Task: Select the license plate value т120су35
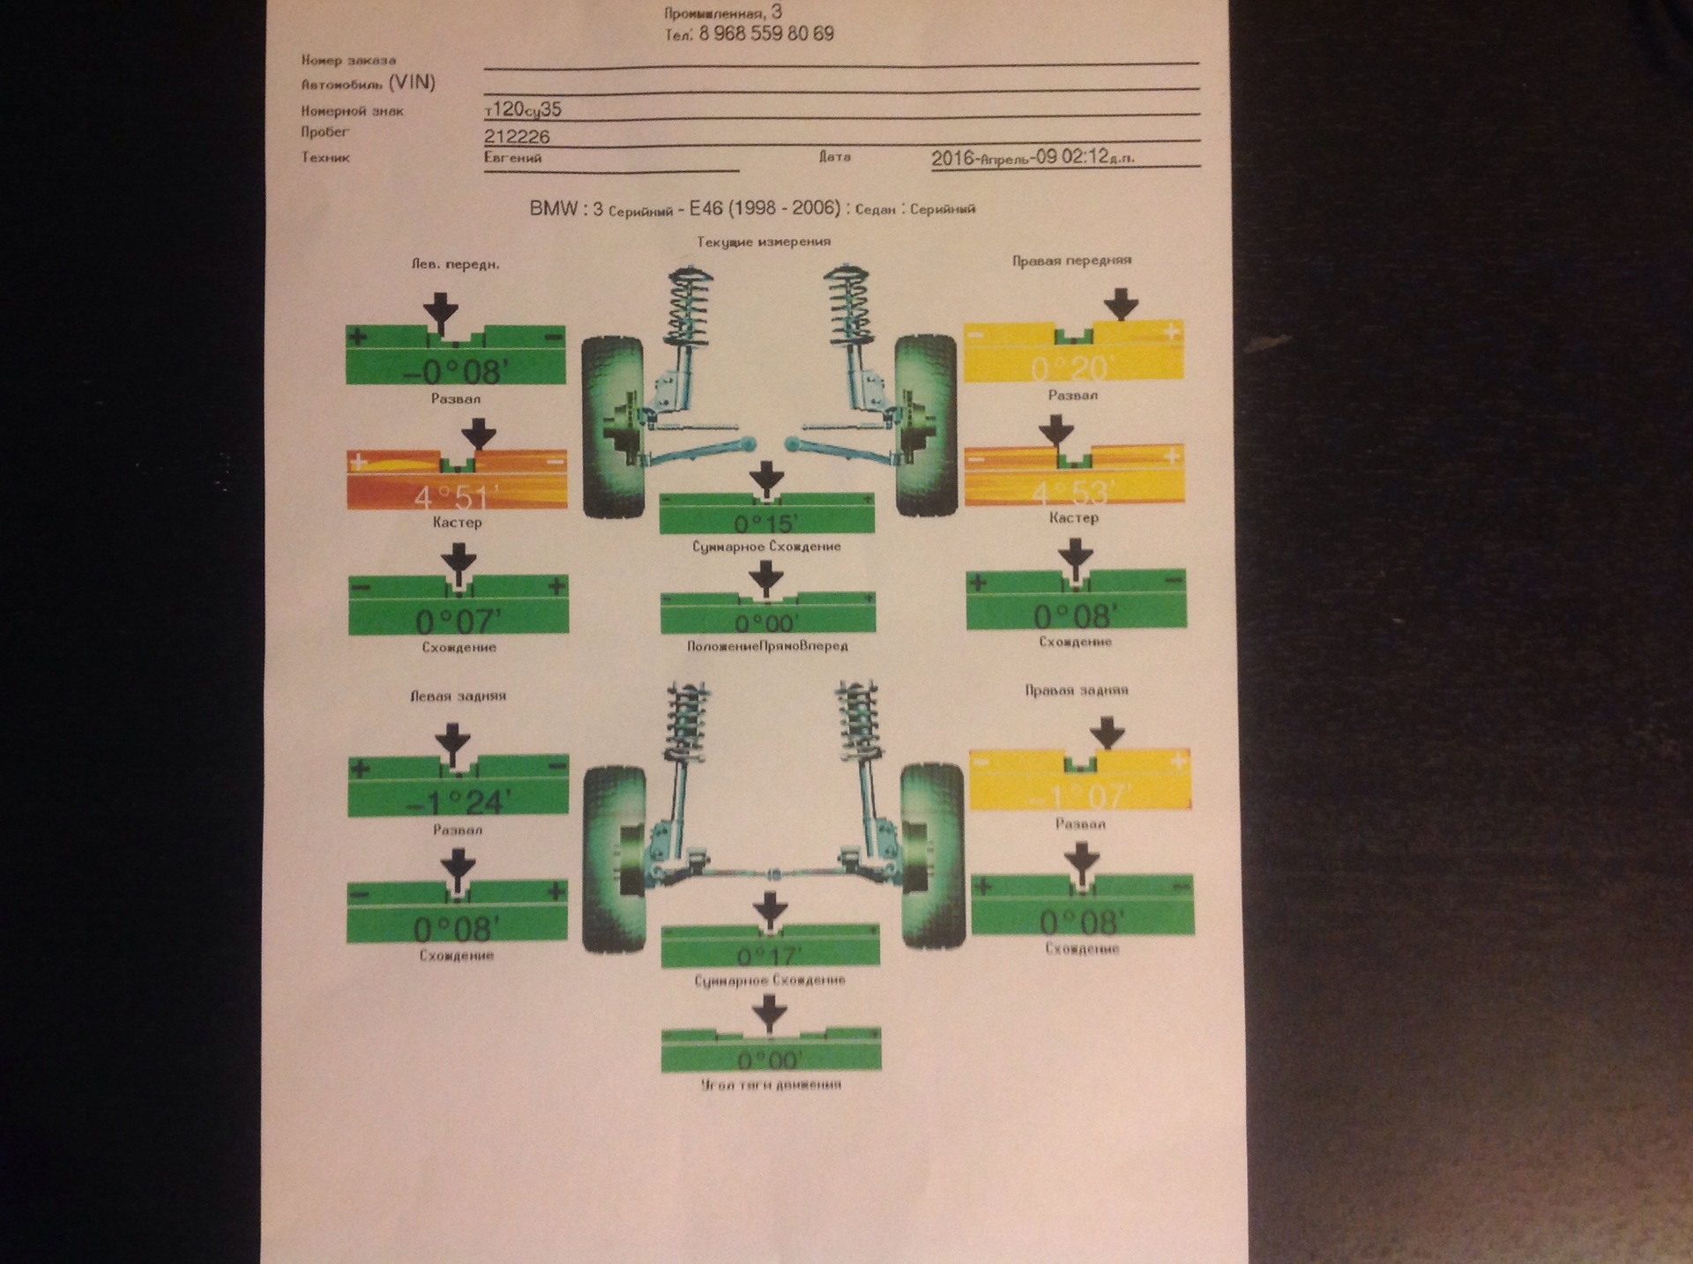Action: pos(523,109)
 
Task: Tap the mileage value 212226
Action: pos(517,137)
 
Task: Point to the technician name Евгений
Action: pos(512,158)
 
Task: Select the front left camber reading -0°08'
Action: pos(455,371)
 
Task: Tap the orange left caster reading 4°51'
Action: pos(456,495)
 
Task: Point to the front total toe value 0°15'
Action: pos(766,523)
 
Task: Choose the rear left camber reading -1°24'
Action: pos(458,801)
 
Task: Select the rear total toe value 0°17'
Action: pos(770,956)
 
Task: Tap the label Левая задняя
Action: pos(458,695)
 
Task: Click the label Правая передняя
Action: pos(1071,260)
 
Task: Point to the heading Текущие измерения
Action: pos(764,242)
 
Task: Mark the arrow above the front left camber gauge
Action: pos(441,313)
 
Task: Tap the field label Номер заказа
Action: pos(348,60)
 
